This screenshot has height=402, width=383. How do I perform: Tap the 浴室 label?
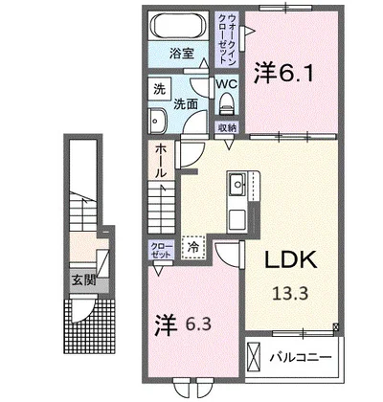point(182,54)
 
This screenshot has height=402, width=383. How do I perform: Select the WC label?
point(226,83)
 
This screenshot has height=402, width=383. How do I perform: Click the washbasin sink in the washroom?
point(159,119)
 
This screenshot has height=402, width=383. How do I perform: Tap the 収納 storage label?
point(226,127)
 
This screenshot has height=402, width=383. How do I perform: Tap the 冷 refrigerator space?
point(192,246)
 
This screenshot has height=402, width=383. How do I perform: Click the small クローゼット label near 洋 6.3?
point(160,251)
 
